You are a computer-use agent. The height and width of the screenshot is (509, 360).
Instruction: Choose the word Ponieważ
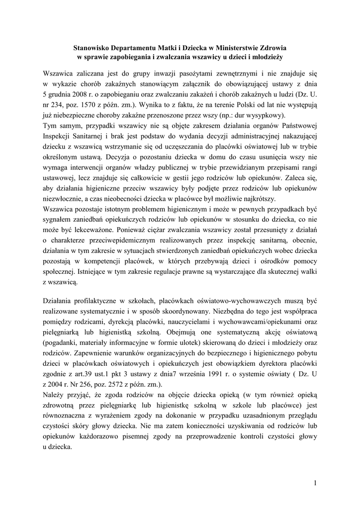pyautogui.click(x=134, y=230)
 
